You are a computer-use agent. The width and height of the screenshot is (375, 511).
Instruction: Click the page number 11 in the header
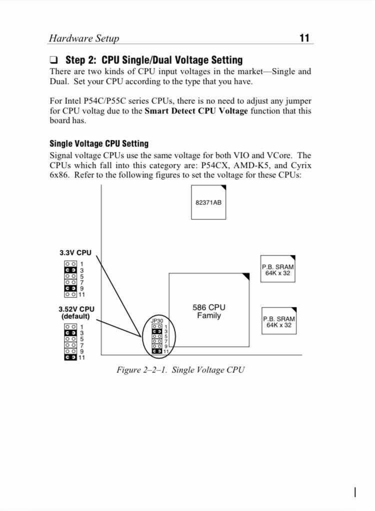[x=304, y=38]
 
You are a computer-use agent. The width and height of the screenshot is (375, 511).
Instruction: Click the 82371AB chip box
[x=208, y=202]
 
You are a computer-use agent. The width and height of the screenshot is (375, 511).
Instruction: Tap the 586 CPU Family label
[x=209, y=311]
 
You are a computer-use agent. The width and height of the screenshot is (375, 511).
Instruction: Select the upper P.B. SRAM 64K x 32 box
[x=277, y=270]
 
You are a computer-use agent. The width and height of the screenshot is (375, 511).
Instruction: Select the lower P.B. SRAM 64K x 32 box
[x=279, y=321]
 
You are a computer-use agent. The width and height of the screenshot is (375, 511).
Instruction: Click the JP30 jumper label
[x=157, y=321]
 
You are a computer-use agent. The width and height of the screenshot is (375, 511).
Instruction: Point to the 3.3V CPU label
[x=75, y=253]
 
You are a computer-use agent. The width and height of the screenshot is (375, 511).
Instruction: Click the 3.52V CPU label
[x=76, y=309]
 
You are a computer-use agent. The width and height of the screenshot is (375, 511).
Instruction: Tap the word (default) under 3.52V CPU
[x=75, y=316]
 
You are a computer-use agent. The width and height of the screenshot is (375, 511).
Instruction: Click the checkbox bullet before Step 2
[x=54, y=60]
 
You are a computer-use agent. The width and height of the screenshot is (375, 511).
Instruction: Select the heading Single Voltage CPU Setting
[x=99, y=143]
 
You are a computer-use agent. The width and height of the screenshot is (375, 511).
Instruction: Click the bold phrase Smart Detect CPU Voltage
[x=196, y=111]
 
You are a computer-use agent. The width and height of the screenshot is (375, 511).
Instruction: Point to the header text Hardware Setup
[x=84, y=38]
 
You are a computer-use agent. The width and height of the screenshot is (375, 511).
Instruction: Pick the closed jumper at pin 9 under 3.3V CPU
[x=70, y=288]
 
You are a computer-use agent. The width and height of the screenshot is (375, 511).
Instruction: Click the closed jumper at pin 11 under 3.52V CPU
[x=70, y=357]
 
